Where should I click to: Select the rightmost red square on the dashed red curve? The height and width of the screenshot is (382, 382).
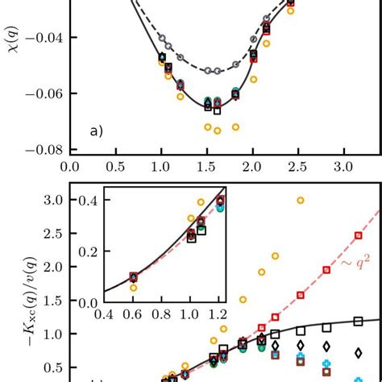[x=358, y=235]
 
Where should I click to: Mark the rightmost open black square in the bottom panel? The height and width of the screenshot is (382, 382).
[x=358, y=322]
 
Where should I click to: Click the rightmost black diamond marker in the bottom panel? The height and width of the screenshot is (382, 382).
[x=358, y=352]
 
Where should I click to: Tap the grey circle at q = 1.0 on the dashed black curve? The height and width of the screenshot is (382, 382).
[x=161, y=39]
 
